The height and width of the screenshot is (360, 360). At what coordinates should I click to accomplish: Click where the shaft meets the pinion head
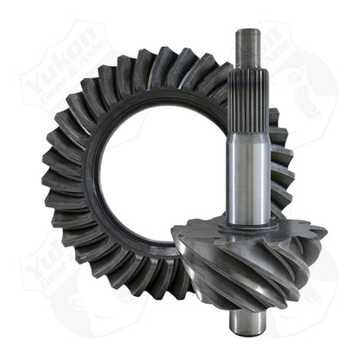coord(242,227)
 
